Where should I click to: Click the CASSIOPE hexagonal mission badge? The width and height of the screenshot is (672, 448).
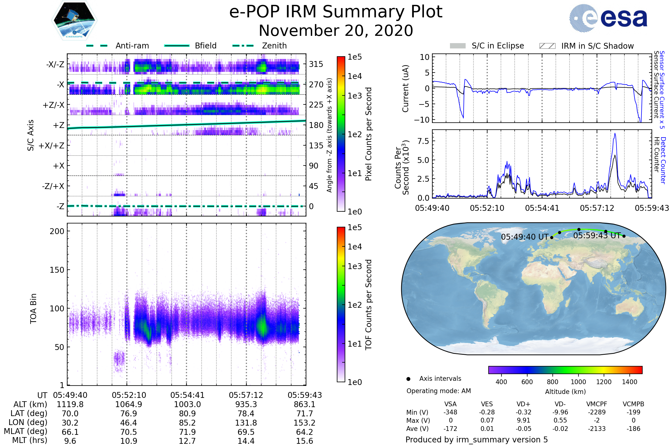(74, 20)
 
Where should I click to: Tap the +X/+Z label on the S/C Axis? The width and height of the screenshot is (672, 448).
(52, 146)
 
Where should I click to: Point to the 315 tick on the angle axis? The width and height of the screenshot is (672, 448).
(316, 64)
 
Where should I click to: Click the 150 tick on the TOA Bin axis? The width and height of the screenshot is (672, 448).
(57, 270)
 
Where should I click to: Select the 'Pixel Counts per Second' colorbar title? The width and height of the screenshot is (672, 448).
(368, 134)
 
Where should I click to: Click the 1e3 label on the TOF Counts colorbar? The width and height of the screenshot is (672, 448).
(354, 266)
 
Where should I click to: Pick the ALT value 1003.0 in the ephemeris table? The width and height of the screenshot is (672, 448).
(187, 405)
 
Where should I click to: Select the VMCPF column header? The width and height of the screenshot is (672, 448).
(597, 404)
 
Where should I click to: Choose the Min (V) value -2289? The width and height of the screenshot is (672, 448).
(597, 412)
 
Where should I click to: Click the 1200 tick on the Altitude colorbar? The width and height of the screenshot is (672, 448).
(604, 382)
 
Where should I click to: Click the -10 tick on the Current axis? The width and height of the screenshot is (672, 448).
(422, 120)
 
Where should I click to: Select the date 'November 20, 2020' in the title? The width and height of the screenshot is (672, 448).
(336, 31)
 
